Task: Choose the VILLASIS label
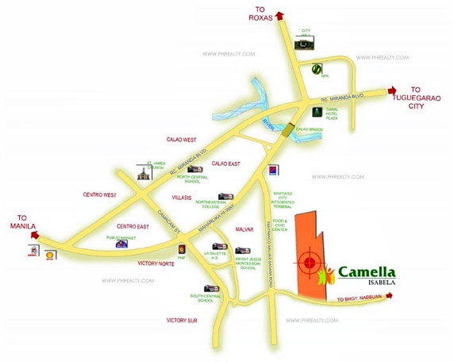[186, 194]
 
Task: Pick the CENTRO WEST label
[99, 194]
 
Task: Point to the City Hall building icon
[302, 45]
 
